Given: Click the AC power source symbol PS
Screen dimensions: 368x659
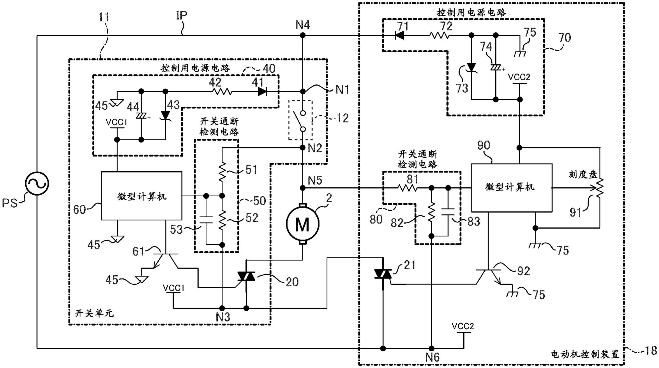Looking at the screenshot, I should point(37,183).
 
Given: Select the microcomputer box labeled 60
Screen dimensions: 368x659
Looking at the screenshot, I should point(142,196).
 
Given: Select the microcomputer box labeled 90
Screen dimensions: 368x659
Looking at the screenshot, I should point(511,188).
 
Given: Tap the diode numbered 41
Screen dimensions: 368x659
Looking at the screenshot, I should point(263,91).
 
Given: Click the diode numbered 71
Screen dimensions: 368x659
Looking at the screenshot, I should point(399,35).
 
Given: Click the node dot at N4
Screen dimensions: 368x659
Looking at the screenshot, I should point(303,35).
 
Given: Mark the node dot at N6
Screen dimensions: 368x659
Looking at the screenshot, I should point(432,348).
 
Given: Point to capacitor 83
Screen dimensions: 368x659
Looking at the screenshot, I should point(448,212).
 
